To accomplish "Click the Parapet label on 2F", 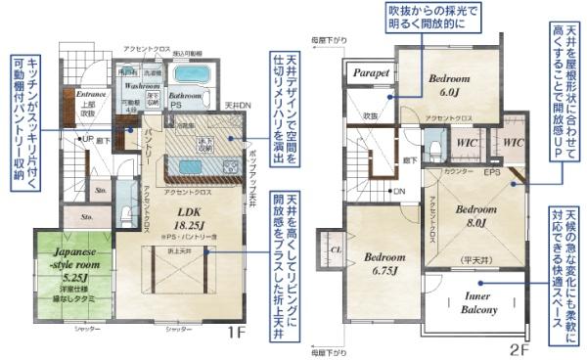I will (372, 72).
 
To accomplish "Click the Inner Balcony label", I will (478, 303).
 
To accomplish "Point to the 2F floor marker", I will (519, 348).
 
